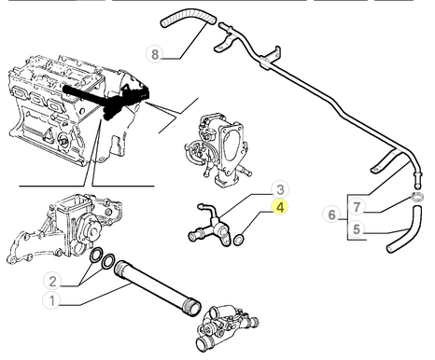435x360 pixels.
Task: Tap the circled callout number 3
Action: (x=278, y=190)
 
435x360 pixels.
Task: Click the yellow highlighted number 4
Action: (x=278, y=210)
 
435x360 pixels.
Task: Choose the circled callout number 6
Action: (x=331, y=215)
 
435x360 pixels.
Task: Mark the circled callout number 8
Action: (x=156, y=54)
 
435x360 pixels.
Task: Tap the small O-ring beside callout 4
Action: (x=240, y=240)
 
